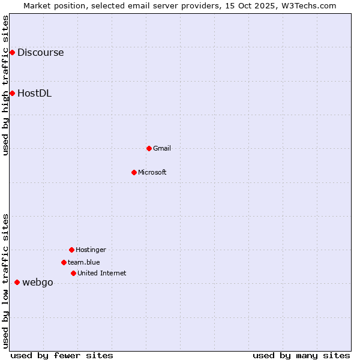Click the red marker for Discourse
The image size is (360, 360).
tap(12, 53)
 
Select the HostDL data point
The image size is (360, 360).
tap(12, 93)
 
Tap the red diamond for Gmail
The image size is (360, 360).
tap(149, 148)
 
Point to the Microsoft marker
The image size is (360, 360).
tap(134, 172)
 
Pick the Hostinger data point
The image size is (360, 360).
tap(71, 250)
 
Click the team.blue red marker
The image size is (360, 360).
tap(64, 262)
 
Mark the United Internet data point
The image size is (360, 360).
tap(73, 273)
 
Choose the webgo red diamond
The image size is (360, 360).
tap(17, 282)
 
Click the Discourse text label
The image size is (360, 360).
tap(40, 53)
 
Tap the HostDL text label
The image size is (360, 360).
tap(34, 93)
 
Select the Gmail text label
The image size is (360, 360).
tap(162, 148)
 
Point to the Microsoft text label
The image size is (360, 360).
tap(152, 172)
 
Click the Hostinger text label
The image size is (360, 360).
tap(91, 250)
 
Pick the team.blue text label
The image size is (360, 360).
tap(84, 262)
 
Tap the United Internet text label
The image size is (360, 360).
tap(102, 273)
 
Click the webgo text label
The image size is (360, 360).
tap(37, 283)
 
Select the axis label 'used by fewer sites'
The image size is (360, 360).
tap(62, 356)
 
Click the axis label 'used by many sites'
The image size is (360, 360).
tap(301, 356)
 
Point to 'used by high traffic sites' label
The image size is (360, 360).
tap(5, 85)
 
